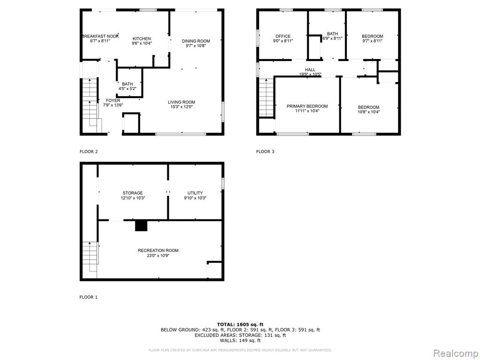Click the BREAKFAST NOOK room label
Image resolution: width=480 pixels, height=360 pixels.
point(100,36)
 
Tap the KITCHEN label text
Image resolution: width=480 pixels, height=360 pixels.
point(142,38)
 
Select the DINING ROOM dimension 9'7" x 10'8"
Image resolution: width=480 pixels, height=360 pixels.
point(196,45)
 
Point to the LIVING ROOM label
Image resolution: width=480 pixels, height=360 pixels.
point(181,102)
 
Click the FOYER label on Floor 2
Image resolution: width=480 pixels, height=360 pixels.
point(113,100)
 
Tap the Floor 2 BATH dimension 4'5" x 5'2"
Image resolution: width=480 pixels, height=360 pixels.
point(127,89)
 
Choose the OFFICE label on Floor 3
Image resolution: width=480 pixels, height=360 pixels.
point(283,36)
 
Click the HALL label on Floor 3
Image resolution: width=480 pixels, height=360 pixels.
point(310,70)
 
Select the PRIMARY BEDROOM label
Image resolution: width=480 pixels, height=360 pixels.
point(307,106)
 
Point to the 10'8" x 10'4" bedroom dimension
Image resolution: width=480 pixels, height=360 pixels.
point(368,112)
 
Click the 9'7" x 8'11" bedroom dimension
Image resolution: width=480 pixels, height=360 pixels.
point(373,41)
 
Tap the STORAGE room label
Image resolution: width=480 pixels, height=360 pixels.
point(133,193)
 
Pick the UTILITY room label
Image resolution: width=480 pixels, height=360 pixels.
point(195,193)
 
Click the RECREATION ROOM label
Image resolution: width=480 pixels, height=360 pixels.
point(158,250)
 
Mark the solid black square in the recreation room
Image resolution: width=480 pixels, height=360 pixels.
point(141,225)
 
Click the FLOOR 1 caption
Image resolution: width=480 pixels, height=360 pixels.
point(89,297)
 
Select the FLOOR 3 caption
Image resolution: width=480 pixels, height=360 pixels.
point(265,151)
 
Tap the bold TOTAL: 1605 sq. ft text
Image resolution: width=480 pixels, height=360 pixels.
point(240,324)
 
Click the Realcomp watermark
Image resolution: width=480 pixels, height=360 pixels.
point(455,353)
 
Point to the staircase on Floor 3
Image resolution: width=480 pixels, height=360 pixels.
point(266,97)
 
